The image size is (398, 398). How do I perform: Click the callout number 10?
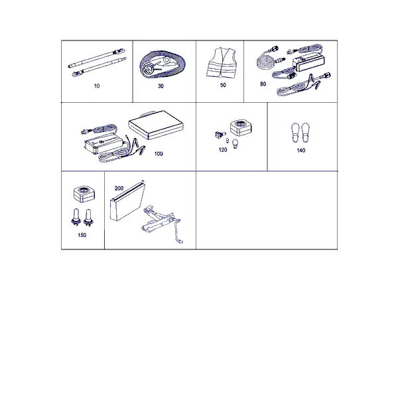[x=97, y=86]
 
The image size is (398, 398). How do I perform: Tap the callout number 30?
[x=161, y=86]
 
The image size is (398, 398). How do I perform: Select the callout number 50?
[x=223, y=85]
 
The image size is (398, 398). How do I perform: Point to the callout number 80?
[x=263, y=84]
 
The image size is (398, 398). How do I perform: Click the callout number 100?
[x=159, y=154]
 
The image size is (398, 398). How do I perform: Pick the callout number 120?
[x=223, y=150]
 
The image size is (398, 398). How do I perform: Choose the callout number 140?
[x=301, y=151]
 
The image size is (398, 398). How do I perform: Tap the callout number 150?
[x=82, y=235]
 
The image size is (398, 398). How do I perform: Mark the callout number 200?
[x=119, y=188]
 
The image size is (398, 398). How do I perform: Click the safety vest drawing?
[x=222, y=62]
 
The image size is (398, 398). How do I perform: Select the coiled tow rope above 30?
[x=163, y=64]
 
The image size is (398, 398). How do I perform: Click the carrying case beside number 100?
[x=156, y=125]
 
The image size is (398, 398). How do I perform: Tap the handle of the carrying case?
[x=147, y=113]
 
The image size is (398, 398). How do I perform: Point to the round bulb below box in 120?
[x=235, y=144]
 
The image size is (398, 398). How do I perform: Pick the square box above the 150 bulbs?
[x=84, y=194]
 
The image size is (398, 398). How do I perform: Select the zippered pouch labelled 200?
[x=127, y=202]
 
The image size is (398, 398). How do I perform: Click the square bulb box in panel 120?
[x=241, y=127]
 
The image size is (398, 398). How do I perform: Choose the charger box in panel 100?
[x=104, y=143]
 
